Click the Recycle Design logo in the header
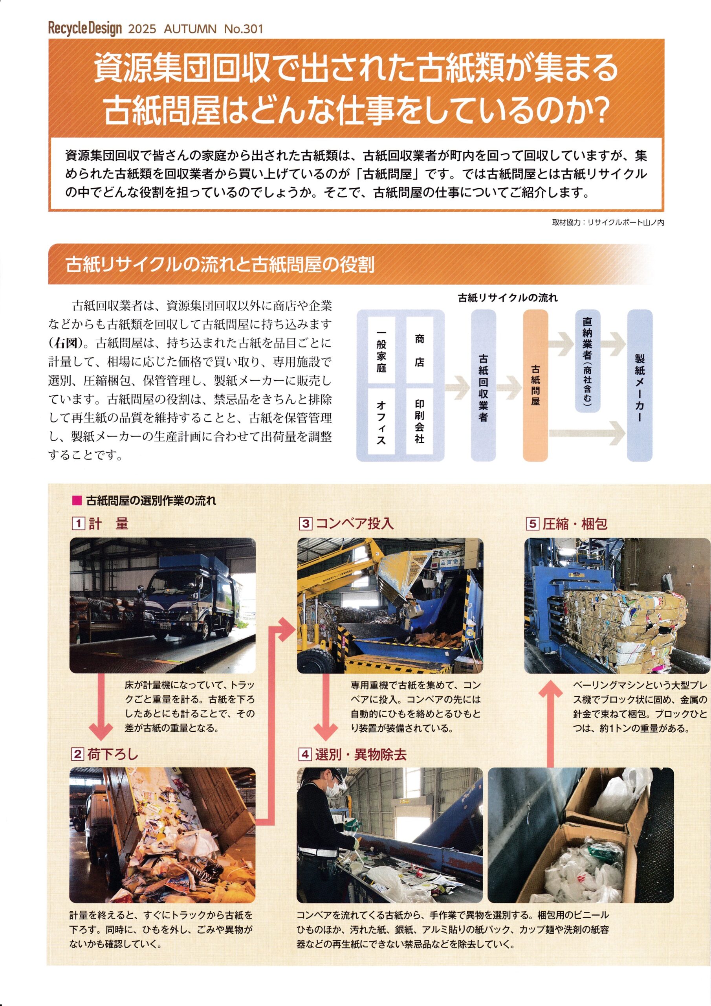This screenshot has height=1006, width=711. pos(85,29)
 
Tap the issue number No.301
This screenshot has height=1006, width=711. pos(243,29)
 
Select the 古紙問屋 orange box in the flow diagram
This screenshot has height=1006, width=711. pos(535,385)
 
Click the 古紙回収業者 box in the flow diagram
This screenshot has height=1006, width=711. pos(483,385)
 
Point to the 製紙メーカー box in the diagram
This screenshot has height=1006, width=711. pos(640,385)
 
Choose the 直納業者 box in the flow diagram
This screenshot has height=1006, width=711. pos(588,361)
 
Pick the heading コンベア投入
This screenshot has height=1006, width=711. pos(354,523)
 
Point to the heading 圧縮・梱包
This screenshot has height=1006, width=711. pos(575,523)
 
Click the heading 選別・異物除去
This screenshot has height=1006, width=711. pos(361,754)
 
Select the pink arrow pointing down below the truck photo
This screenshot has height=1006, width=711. pos(101,706)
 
